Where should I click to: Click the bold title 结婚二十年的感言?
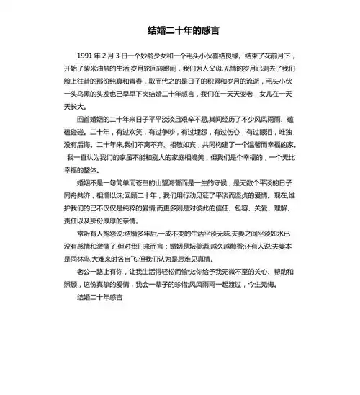[179, 31]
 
